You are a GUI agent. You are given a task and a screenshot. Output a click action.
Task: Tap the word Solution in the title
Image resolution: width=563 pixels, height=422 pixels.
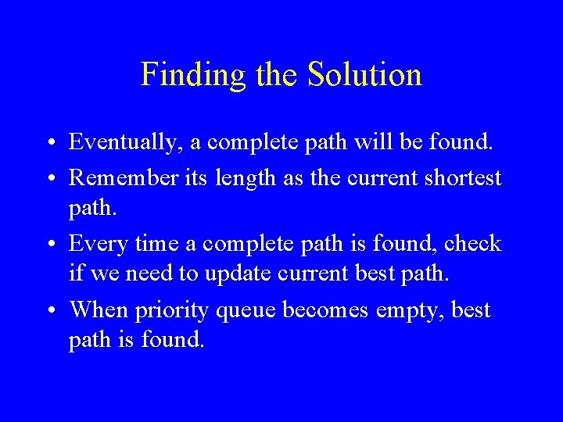[x=364, y=75]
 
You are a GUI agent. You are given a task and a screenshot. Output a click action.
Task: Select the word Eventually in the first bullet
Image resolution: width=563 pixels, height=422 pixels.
[x=125, y=143]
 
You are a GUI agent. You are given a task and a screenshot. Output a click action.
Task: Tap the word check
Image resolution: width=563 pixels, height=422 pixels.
[x=472, y=244]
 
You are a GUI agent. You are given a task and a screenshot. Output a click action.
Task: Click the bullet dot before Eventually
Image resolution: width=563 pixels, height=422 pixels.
[x=49, y=145]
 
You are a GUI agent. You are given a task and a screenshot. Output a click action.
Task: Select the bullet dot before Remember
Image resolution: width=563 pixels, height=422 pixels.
[x=49, y=179]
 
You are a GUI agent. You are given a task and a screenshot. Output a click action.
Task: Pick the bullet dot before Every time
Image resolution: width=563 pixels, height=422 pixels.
[x=49, y=245]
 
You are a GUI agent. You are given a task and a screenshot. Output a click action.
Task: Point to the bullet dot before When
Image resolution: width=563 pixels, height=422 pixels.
[x=49, y=311]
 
